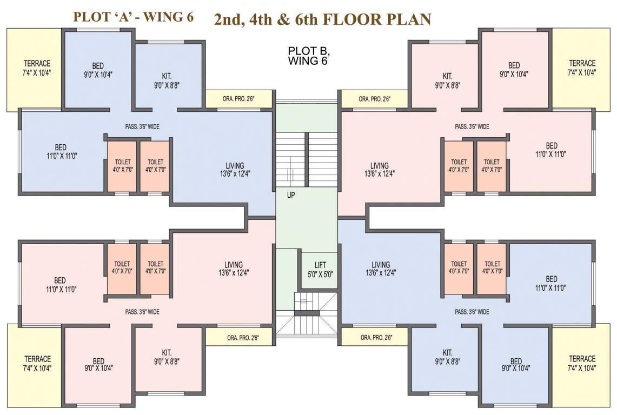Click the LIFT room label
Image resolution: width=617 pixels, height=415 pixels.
tap(320, 269)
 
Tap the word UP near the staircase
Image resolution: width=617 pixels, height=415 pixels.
tap(291, 196)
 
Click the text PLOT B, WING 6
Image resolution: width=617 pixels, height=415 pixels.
tap(308, 56)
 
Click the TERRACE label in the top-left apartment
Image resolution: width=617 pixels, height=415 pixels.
tap(37, 68)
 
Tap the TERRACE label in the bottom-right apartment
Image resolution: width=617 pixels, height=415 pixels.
tap(582, 363)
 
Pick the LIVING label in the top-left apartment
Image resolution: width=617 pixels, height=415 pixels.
tap(235, 170)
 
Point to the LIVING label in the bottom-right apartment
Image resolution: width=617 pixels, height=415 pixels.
tap(381, 269)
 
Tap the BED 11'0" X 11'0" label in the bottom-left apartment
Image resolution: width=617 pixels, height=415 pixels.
tap(60, 284)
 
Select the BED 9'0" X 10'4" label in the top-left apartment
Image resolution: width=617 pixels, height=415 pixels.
tap(98, 70)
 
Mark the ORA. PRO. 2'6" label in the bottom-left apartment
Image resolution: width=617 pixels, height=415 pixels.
tap(243, 338)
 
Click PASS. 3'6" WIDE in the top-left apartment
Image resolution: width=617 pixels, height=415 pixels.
tap(142, 127)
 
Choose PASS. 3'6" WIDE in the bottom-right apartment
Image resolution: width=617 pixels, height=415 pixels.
tap(472, 312)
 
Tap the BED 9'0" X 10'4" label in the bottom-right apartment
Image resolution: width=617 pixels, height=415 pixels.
tap(516, 365)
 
